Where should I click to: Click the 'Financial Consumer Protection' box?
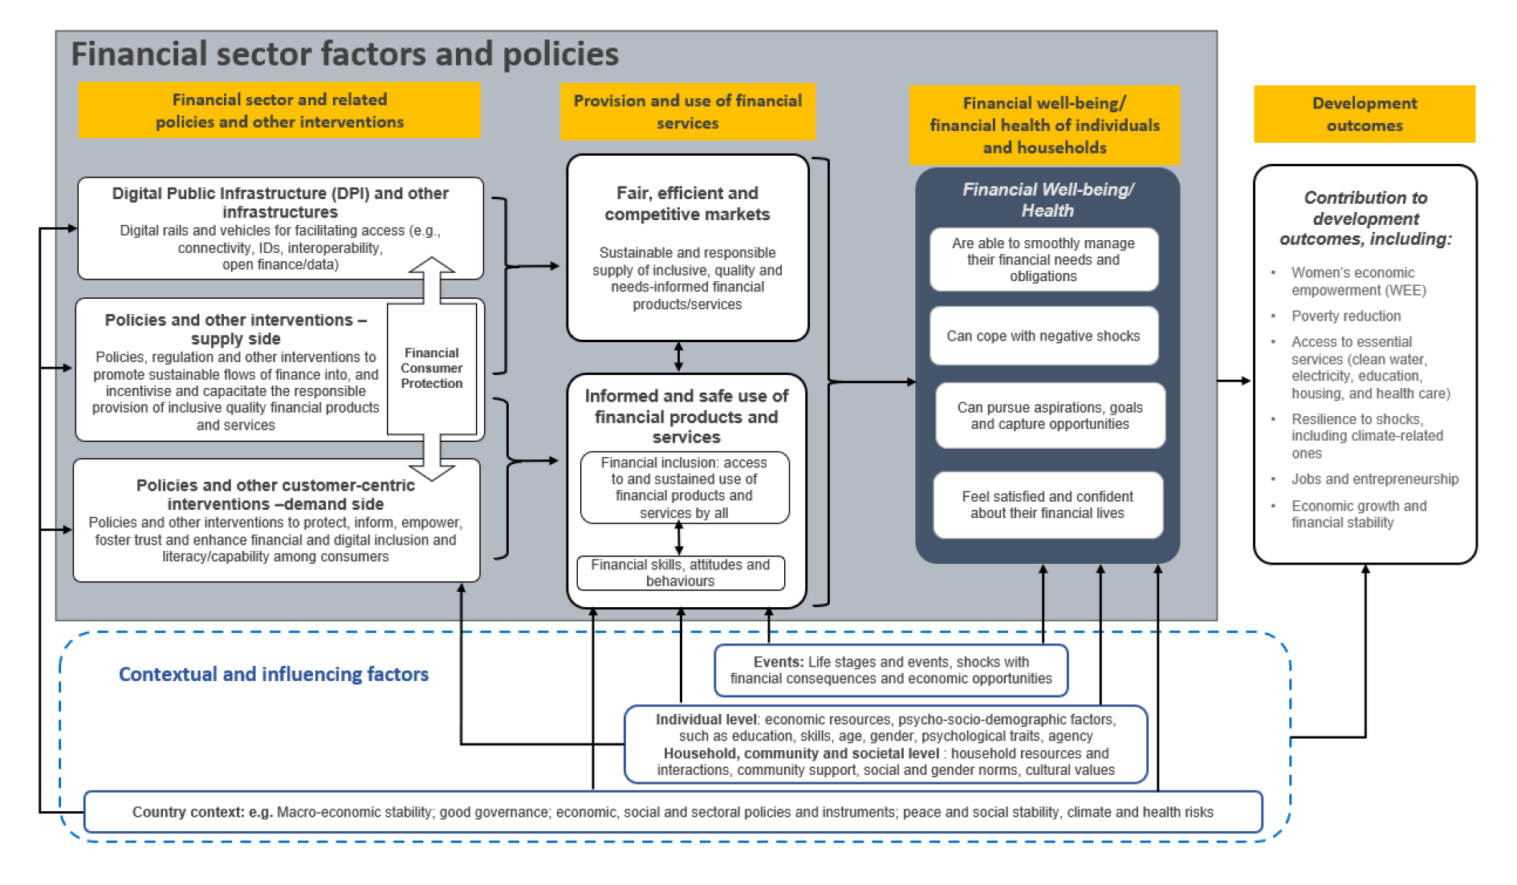(432, 368)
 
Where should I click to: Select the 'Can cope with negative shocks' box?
(1043, 336)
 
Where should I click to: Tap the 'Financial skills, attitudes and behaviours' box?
(680, 573)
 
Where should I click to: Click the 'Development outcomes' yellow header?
(1364, 114)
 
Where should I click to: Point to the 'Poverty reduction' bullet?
(1345, 316)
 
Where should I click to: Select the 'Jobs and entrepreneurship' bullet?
(1374, 479)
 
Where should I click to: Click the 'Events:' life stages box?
(890, 670)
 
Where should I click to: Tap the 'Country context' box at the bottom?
(673, 812)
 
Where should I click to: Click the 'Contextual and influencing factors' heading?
(273, 674)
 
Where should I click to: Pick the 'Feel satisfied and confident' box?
(1047, 504)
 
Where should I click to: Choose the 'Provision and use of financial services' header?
(687, 112)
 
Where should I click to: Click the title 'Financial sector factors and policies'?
(345, 54)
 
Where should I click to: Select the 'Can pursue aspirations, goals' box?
(1049, 415)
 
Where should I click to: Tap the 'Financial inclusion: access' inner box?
(684, 487)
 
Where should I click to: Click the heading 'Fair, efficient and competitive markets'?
(687, 203)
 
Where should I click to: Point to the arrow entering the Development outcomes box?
(1236, 381)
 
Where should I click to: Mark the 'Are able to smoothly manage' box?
(1043, 259)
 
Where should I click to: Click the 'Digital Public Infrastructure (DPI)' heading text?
(280, 202)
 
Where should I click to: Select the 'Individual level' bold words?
(706, 720)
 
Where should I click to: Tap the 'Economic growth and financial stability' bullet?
(1358, 514)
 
